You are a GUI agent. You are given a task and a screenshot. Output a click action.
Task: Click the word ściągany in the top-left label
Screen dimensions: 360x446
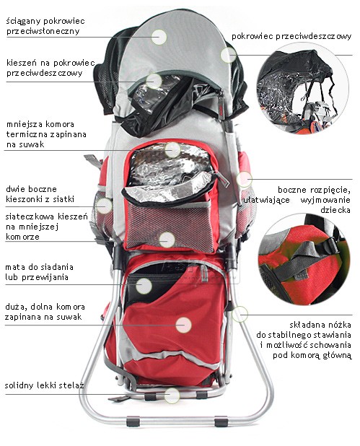pyautogui.click(x=24, y=22)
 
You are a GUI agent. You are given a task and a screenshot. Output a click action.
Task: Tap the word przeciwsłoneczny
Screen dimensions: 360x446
pyautogui.click(x=43, y=31)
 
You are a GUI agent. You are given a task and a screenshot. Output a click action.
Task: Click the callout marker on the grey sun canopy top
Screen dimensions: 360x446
pyautogui.click(x=159, y=37)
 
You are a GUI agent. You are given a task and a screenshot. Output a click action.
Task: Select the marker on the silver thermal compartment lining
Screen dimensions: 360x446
pyautogui.click(x=172, y=149)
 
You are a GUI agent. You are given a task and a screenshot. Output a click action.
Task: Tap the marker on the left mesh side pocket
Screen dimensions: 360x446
pyautogui.click(x=104, y=206)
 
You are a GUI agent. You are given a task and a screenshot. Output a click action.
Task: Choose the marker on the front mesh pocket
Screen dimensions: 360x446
pyautogui.click(x=167, y=240)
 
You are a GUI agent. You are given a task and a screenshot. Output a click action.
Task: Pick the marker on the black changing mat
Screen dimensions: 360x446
pyautogui.click(x=144, y=286)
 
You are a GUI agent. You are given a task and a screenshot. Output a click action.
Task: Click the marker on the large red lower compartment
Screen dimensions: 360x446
pyautogui.click(x=183, y=325)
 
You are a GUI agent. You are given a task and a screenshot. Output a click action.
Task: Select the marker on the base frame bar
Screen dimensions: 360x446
pyautogui.click(x=172, y=395)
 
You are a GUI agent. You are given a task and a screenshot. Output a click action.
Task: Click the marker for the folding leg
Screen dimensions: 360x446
pyautogui.click(x=240, y=314)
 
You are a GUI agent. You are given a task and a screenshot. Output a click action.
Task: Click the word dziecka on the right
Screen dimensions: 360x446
pyautogui.click(x=335, y=210)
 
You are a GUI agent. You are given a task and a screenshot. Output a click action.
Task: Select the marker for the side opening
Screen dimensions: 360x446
pyautogui.click(x=245, y=179)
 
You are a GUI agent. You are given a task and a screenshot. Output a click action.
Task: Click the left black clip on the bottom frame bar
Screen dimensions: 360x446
pyautogui.click(x=133, y=421)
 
